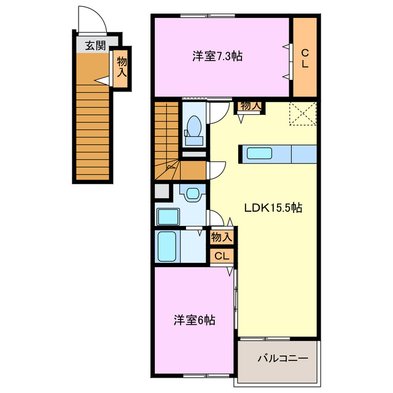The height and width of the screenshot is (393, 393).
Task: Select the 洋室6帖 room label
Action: point(193,320)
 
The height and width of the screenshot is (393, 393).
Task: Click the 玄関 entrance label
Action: point(95,44)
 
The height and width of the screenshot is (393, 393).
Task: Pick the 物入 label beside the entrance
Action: point(122,66)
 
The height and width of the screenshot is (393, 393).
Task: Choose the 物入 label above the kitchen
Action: point(251,106)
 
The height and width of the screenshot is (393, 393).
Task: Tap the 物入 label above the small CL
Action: point(221,236)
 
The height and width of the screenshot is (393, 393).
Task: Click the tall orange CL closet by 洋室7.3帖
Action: point(305,57)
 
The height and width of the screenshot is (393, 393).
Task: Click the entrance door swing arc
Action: point(92,18)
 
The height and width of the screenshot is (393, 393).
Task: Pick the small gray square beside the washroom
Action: point(161,191)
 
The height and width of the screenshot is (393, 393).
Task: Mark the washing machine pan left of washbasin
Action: point(168,217)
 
